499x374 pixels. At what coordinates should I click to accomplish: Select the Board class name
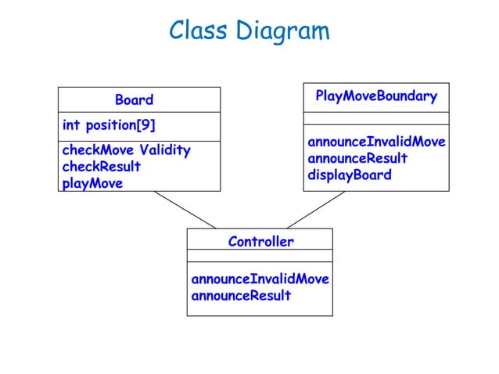(134, 100)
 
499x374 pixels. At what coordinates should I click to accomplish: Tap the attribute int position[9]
(108, 125)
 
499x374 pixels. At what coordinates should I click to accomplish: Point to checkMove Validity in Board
(125, 149)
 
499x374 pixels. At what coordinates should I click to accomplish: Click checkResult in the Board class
(101, 167)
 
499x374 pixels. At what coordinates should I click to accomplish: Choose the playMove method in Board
(92, 184)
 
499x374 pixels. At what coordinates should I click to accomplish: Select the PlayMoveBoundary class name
(375, 96)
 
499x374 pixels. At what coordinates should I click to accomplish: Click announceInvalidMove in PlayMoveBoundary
(376, 142)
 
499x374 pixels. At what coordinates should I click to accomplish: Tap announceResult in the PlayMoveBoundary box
(357, 158)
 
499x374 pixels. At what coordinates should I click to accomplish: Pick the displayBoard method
(349, 174)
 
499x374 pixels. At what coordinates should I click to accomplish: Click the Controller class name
(260, 242)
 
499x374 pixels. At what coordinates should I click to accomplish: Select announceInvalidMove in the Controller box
(260, 279)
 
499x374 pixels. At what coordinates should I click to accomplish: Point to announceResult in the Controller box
(241, 296)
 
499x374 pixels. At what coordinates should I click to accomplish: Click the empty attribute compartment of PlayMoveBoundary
(376, 119)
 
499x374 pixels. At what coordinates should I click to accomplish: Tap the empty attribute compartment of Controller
(260, 256)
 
